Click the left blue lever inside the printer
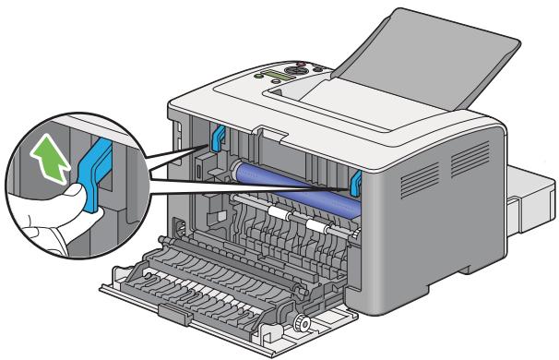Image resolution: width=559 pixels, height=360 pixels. tap(219, 137)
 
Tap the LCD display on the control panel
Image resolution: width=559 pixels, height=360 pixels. tap(280, 75)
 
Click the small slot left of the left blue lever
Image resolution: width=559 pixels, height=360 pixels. tap(197, 170)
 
